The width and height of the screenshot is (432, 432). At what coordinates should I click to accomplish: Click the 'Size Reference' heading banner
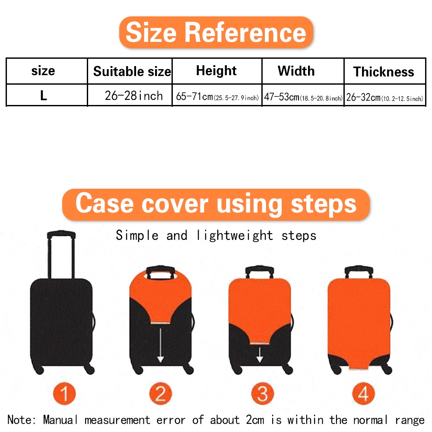pyautogui.click(x=216, y=32)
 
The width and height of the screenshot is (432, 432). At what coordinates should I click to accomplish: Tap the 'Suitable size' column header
pyautogui.click(x=132, y=71)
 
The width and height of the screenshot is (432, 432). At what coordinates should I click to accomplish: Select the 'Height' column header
pyautogui.click(x=216, y=71)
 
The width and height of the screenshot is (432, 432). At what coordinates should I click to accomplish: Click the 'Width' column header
pyautogui.click(x=296, y=71)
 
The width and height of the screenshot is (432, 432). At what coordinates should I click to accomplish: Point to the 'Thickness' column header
pyautogui.click(x=384, y=72)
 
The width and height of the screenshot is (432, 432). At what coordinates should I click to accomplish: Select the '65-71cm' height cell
pyautogui.click(x=217, y=97)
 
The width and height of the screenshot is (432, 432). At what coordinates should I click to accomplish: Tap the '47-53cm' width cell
pyautogui.click(x=303, y=97)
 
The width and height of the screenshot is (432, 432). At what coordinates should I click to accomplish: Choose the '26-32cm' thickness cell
pyautogui.click(x=384, y=97)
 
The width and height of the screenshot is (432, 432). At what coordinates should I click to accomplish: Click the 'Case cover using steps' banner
pyautogui.click(x=216, y=204)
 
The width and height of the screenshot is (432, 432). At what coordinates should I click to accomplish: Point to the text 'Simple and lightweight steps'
pyautogui.click(x=216, y=235)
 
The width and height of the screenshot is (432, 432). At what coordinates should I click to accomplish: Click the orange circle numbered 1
pyautogui.click(x=64, y=394)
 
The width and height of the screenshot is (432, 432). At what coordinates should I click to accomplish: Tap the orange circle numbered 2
pyautogui.click(x=160, y=394)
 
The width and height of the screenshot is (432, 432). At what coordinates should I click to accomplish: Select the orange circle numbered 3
pyautogui.click(x=262, y=394)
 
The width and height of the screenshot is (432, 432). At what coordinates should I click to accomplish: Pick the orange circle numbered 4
pyautogui.click(x=363, y=394)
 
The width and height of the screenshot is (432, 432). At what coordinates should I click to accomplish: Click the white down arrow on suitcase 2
pyautogui.click(x=160, y=343)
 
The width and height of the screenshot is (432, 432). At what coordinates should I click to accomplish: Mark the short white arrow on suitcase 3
pyautogui.click(x=260, y=354)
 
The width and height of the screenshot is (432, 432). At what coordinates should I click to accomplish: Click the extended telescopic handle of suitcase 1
pyautogui.click(x=61, y=254)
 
